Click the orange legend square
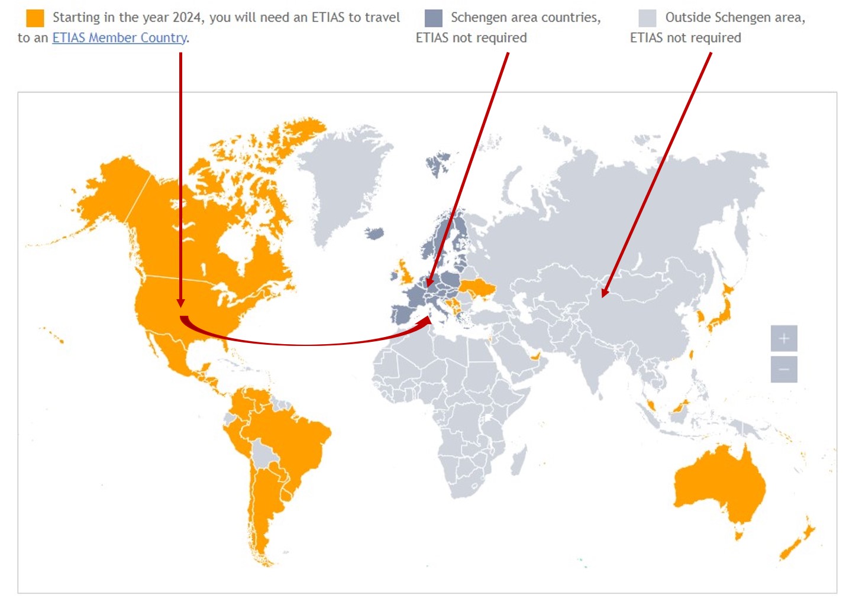[35, 18]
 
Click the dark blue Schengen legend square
[433, 18]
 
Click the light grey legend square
[647, 18]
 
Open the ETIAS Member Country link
[120, 38]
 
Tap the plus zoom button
[784, 339]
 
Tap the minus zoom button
[784, 370]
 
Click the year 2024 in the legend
[187, 18]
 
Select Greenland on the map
[343, 171]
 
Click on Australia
[719, 485]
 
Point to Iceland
[374, 234]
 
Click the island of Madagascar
[519, 460]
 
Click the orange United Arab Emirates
[535, 357]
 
